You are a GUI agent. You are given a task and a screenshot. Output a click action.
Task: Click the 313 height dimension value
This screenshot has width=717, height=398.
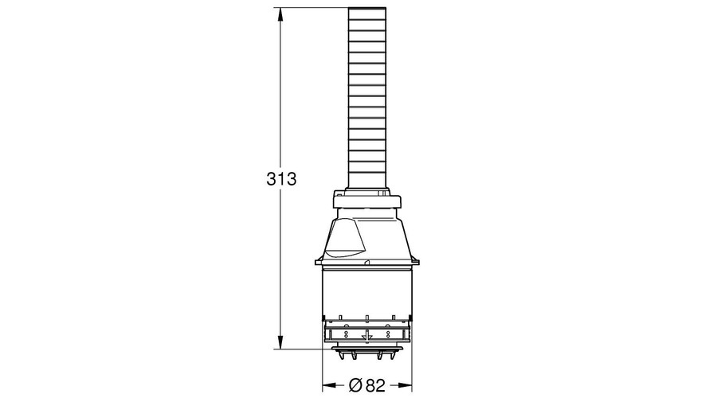pyautogui.click(x=281, y=178)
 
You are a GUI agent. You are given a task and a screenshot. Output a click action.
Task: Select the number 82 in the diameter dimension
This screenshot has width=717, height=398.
pyautogui.click(x=375, y=386)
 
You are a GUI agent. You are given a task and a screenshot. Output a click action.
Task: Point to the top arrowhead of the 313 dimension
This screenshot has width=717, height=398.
pyautogui.click(x=280, y=14)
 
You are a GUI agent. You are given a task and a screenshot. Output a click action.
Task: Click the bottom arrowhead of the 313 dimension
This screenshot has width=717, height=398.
pyautogui.click(x=280, y=343)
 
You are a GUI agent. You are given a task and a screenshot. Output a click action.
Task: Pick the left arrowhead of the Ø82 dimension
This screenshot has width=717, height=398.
pyautogui.click(x=329, y=386)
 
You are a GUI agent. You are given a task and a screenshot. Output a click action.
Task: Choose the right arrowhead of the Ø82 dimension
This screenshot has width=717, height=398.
pyautogui.click(x=406, y=386)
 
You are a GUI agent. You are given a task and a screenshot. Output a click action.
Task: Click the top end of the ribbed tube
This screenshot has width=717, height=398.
pyautogui.click(x=366, y=8)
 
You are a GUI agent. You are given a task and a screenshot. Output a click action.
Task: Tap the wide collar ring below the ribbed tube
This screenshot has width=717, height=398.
pyautogui.click(x=366, y=201)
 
